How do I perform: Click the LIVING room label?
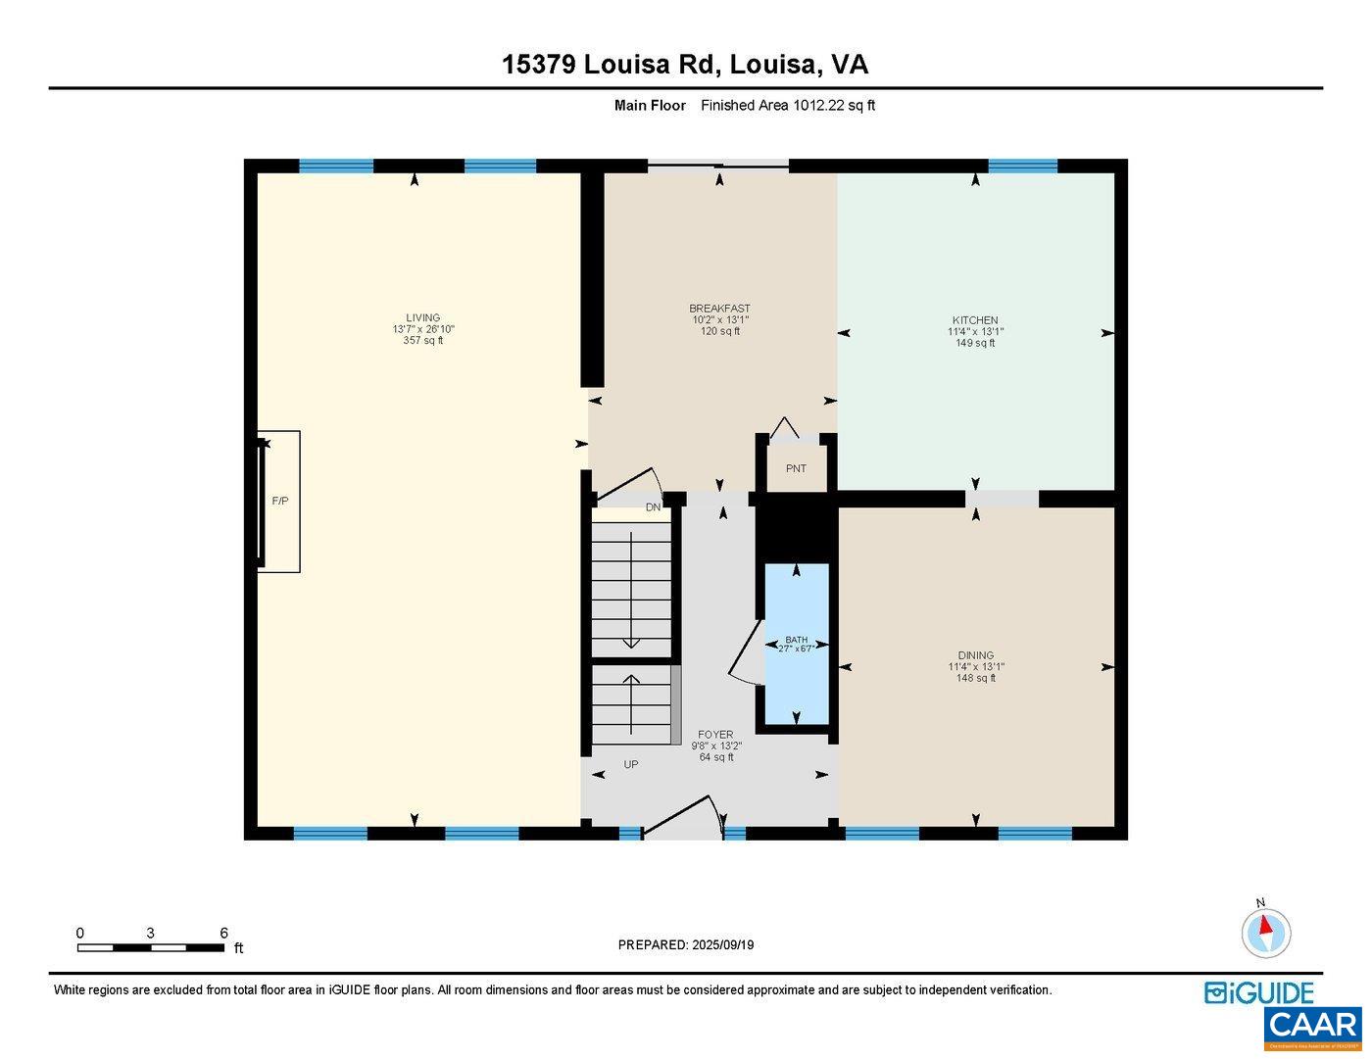click(423, 317)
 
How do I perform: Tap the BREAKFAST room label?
click(719, 309)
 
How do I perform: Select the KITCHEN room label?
click(975, 320)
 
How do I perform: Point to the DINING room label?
click(975, 655)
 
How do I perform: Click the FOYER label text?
click(714, 735)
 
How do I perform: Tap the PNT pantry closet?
click(796, 469)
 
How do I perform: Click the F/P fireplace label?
click(279, 501)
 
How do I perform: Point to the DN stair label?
click(653, 507)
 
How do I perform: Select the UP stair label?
click(631, 764)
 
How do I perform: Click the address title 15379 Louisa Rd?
click(685, 65)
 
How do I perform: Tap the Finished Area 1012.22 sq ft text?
click(787, 106)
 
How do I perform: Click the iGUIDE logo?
click(1259, 992)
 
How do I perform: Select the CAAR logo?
click(1313, 1028)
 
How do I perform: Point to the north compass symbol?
click(1265, 932)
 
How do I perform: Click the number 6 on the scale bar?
click(223, 934)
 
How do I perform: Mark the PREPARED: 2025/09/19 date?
click(685, 945)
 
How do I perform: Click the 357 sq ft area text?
click(423, 341)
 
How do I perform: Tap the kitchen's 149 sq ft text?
click(975, 343)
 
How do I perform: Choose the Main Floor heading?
click(650, 106)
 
